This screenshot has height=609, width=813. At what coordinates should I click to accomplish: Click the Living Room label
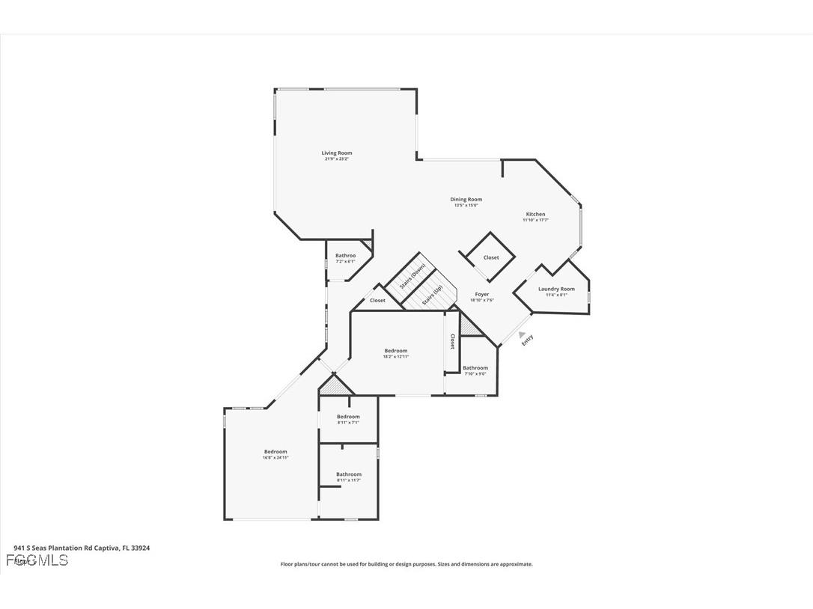pyautogui.click(x=336, y=153)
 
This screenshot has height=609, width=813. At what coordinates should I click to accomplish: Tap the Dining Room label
pyautogui.click(x=466, y=199)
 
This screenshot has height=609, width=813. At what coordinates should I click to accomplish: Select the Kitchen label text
pyautogui.click(x=535, y=214)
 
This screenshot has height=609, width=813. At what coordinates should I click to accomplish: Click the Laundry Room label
pyautogui.click(x=556, y=289)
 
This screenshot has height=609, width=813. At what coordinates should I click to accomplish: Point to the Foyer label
pyautogui.click(x=482, y=294)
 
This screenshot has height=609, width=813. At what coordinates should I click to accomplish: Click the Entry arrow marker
pyautogui.click(x=522, y=335)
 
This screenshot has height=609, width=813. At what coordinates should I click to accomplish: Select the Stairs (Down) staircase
pyautogui.click(x=412, y=275)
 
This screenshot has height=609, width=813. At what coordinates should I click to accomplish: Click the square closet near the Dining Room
pyautogui.click(x=490, y=257)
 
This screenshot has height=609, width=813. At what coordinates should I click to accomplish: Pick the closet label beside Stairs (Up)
pyautogui.click(x=377, y=301)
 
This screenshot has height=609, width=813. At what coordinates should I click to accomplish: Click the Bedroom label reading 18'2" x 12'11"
pyautogui.click(x=396, y=351)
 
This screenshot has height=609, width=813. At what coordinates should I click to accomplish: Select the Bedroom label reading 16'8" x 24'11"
pyautogui.click(x=275, y=451)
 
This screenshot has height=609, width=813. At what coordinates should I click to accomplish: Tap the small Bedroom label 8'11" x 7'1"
pyautogui.click(x=348, y=417)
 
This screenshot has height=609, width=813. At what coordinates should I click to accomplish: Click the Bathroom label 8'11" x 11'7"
pyautogui.click(x=349, y=474)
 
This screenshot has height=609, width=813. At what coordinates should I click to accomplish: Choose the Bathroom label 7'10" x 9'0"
pyautogui.click(x=475, y=367)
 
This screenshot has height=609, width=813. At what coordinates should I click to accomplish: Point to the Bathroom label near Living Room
pyautogui.click(x=345, y=256)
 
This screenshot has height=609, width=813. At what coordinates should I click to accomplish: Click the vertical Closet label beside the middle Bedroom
pyautogui.click(x=452, y=342)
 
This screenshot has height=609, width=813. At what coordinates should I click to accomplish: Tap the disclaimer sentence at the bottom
pyautogui.click(x=406, y=564)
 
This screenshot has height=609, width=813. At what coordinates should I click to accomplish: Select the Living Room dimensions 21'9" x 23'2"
pyautogui.click(x=336, y=159)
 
